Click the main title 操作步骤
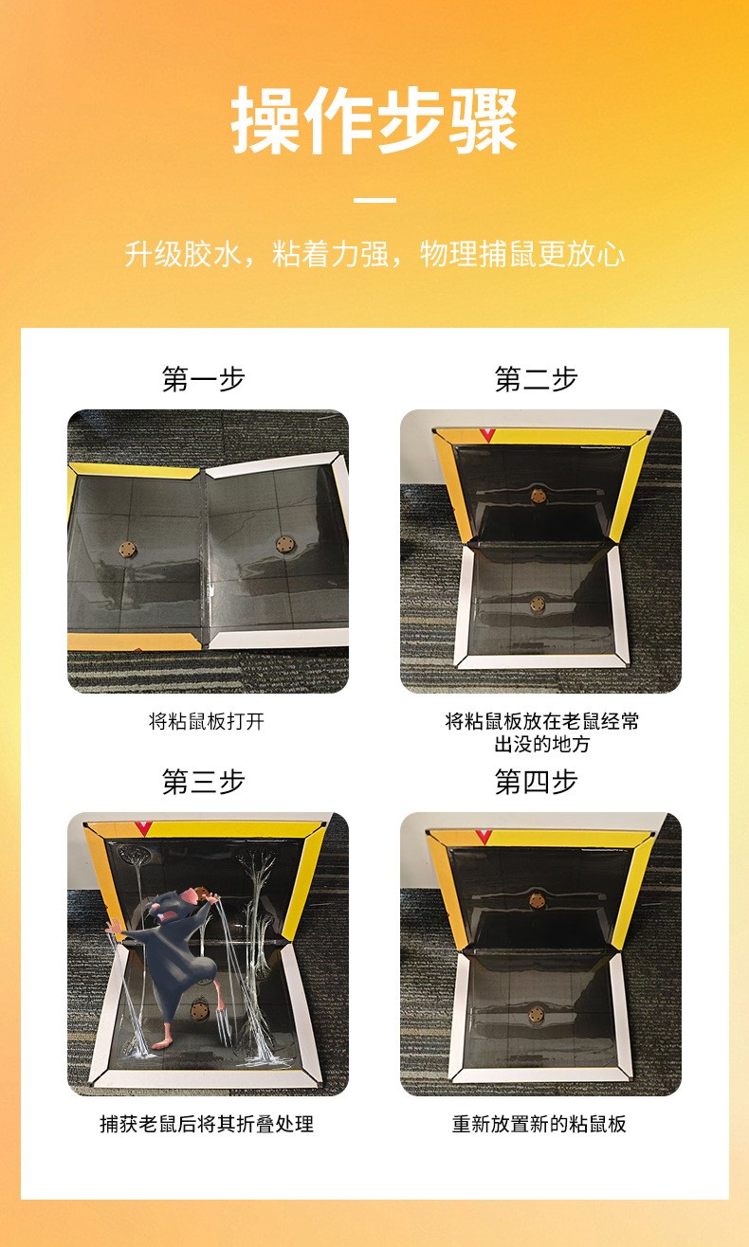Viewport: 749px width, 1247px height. [x=374, y=119]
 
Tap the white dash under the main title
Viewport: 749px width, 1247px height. [x=374, y=199]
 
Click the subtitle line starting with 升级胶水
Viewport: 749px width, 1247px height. [x=374, y=254]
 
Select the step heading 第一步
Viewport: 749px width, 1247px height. [x=203, y=379]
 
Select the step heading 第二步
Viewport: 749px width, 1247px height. [x=537, y=379]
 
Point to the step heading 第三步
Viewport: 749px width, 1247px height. [x=203, y=782]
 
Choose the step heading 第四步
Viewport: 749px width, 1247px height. [x=537, y=782]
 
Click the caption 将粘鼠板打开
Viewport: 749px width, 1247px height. [x=207, y=721]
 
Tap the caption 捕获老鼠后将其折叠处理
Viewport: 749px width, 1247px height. [x=207, y=1124]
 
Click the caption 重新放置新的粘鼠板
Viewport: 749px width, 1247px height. [x=539, y=1124]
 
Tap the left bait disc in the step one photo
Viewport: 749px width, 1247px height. [x=128, y=550]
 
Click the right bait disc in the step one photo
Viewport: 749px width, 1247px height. [x=284, y=544]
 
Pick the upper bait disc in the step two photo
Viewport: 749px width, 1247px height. [x=538, y=495]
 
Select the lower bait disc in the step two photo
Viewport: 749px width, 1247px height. [x=538, y=604]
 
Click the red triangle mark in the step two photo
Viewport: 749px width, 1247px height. [x=486, y=435]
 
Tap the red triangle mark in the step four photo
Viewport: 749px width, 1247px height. [x=484, y=836]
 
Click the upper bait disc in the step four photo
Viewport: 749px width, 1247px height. [x=537, y=900]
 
